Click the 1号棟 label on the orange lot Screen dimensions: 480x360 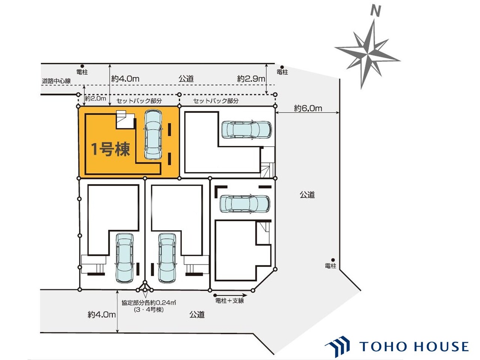(110, 149)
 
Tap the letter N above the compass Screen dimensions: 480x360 (376, 11)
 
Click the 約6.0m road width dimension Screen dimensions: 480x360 (308, 108)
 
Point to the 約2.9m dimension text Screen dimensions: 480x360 (251, 79)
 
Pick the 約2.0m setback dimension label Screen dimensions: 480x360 (96, 98)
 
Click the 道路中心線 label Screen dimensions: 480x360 (56, 81)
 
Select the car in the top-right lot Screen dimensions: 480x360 (246, 130)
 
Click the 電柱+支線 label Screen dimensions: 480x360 (229, 301)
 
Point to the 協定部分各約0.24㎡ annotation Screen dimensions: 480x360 (149, 303)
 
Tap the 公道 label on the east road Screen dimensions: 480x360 (307, 195)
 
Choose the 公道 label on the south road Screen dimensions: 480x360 (197, 315)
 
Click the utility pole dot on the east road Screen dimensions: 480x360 (333, 260)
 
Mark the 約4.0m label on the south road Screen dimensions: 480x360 (102, 315)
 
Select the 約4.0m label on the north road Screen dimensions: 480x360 (125, 79)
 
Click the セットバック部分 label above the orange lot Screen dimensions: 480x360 (139, 101)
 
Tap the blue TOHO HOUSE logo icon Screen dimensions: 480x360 (337, 346)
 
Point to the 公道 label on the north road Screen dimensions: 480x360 (186, 79)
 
